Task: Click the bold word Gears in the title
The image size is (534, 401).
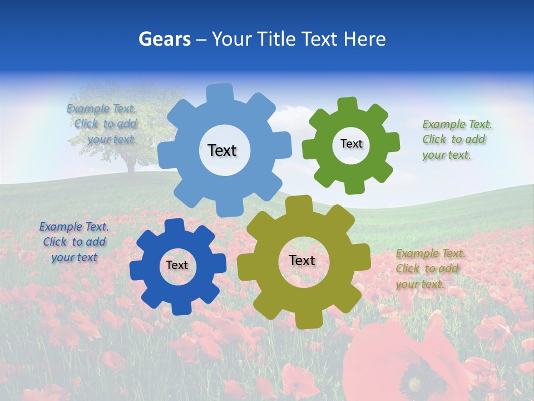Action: [164, 39]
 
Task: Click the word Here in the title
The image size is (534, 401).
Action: [365, 39]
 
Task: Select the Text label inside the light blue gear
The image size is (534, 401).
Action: [222, 150]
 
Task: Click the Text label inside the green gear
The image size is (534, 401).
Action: [351, 144]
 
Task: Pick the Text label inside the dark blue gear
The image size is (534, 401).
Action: [177, 265]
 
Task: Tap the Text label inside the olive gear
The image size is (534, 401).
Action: [302, 260]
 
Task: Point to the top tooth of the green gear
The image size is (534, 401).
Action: [348, 105]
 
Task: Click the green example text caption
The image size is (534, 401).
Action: [457, 139]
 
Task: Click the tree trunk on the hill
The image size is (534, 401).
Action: [131, 167]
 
